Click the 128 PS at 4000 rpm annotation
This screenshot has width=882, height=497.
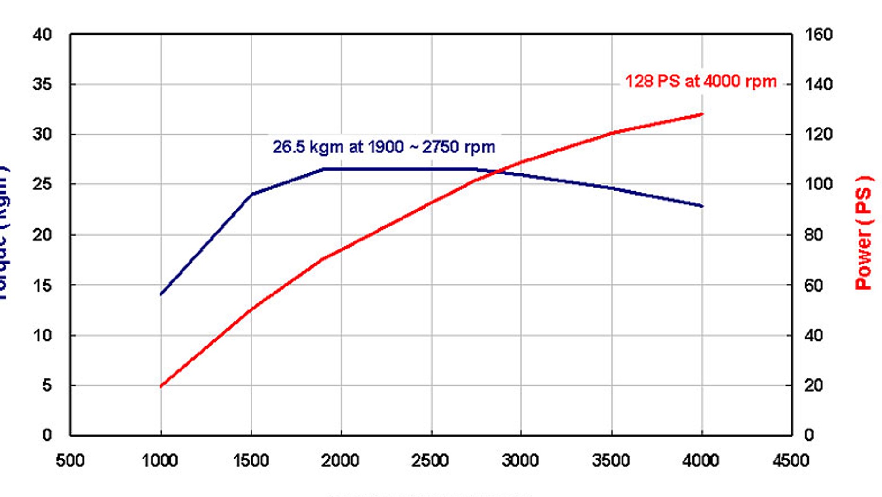point(700,82)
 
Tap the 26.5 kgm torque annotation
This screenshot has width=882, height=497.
point(383,147)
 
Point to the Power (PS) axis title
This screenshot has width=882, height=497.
point(863,233)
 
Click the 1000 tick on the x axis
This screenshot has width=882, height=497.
point(160,460)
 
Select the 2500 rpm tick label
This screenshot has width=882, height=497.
point(431,460)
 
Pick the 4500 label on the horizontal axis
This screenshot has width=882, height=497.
point(791,460)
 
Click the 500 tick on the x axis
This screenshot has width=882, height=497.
point(70,460)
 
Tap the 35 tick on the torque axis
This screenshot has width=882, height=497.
point(42,84)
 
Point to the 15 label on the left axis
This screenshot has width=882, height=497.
point(42,285)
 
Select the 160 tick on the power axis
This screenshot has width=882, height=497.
point(819,35)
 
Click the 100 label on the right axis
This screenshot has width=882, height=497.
point(819,184)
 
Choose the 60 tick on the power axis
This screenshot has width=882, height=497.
point(814,285)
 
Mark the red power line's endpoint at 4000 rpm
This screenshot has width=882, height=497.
point(702,114)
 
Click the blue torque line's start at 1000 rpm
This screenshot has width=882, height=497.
point(161,294)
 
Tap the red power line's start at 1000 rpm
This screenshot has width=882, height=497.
point(161,386)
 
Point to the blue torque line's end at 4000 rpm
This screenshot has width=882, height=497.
point(702,206)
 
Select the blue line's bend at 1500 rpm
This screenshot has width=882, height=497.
point(252,194)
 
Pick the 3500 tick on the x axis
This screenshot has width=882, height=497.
point(611,460)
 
